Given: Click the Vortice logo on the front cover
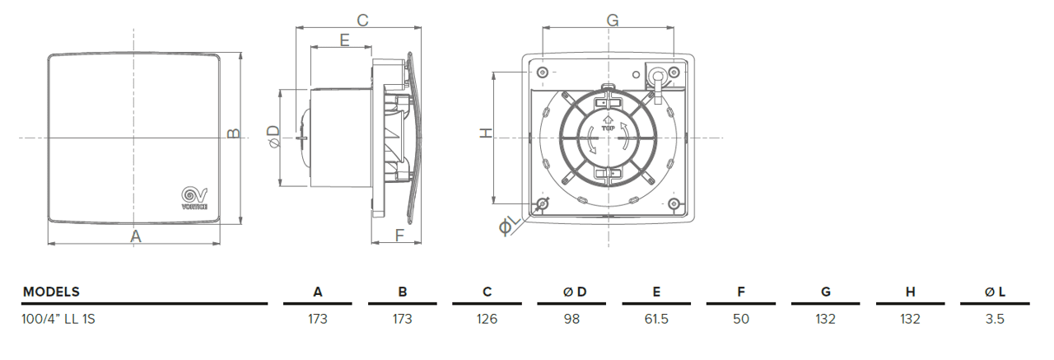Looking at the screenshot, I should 194,197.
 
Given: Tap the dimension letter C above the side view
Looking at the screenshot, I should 361,20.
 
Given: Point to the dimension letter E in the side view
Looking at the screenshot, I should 344,39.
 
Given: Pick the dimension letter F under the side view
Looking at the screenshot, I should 399,236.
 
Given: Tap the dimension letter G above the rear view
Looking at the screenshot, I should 612,20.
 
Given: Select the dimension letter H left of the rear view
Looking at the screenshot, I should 486,133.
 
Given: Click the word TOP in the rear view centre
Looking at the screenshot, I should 609,129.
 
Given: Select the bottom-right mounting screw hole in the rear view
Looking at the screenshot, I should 674,203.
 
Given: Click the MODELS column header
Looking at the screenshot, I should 51,292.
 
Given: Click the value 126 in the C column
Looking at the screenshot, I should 487,319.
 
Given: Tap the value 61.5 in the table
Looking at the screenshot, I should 656,319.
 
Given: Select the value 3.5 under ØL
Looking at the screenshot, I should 995,319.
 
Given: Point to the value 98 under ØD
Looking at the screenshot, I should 571,319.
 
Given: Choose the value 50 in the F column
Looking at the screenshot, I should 741,319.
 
